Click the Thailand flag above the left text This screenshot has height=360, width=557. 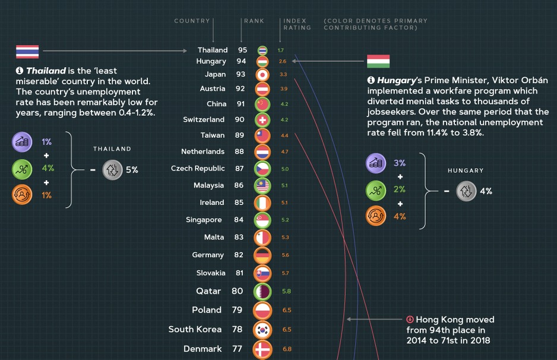tap(27, 52)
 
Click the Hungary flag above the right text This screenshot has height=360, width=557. tap(378, 61)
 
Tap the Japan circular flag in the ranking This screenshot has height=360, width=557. tap(262, 75)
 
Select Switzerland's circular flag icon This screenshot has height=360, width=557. tap(262, 120)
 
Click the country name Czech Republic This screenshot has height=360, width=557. tap(198, 169)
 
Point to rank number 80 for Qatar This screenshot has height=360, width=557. tap(237, 291)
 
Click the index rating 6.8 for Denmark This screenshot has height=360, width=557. tap(287, 349)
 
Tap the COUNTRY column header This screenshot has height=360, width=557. tap(192, 21)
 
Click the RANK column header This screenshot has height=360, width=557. tap(254, 21)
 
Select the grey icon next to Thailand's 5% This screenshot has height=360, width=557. tap(112, 170)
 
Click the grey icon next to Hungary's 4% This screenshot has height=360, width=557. tap(466, 191)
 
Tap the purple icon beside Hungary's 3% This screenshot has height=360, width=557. tap(375, 163)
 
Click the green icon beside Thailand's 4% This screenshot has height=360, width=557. tap(22, 169)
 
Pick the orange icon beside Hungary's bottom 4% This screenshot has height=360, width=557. tap(375, 216)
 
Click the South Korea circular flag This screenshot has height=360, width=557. tap(262, 330)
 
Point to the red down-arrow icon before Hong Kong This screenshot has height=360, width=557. tap(410, 320)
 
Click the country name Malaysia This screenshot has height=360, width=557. tap(208, 185)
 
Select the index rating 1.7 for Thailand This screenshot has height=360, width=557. tap(280, 50)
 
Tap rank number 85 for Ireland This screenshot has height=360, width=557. tap(239, 203)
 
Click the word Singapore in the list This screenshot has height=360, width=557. tap(203, 220)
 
